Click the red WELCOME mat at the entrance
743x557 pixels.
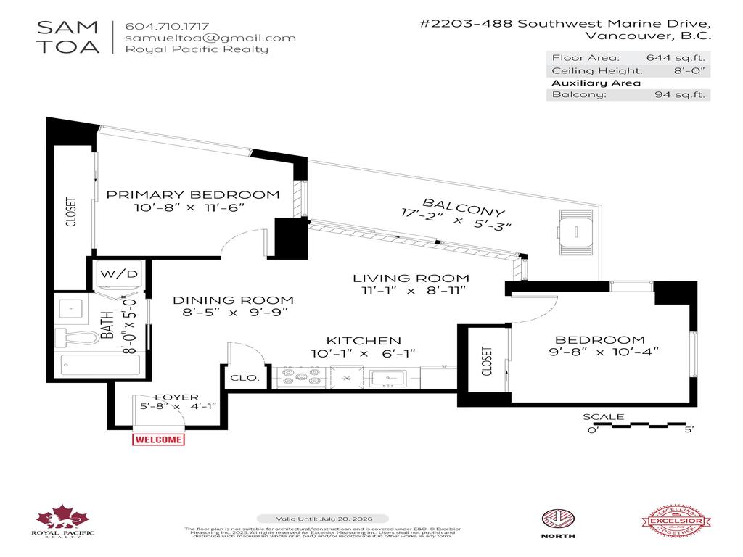click(x=158, y=439)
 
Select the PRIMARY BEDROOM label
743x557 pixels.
click(x=193, y=194)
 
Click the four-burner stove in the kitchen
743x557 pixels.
click(x=300, y=376)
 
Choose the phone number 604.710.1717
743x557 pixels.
click(x=167, y=24)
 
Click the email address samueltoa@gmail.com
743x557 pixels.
click(x=210, y=38)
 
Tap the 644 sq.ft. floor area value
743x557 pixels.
click(x=675, y=58)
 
